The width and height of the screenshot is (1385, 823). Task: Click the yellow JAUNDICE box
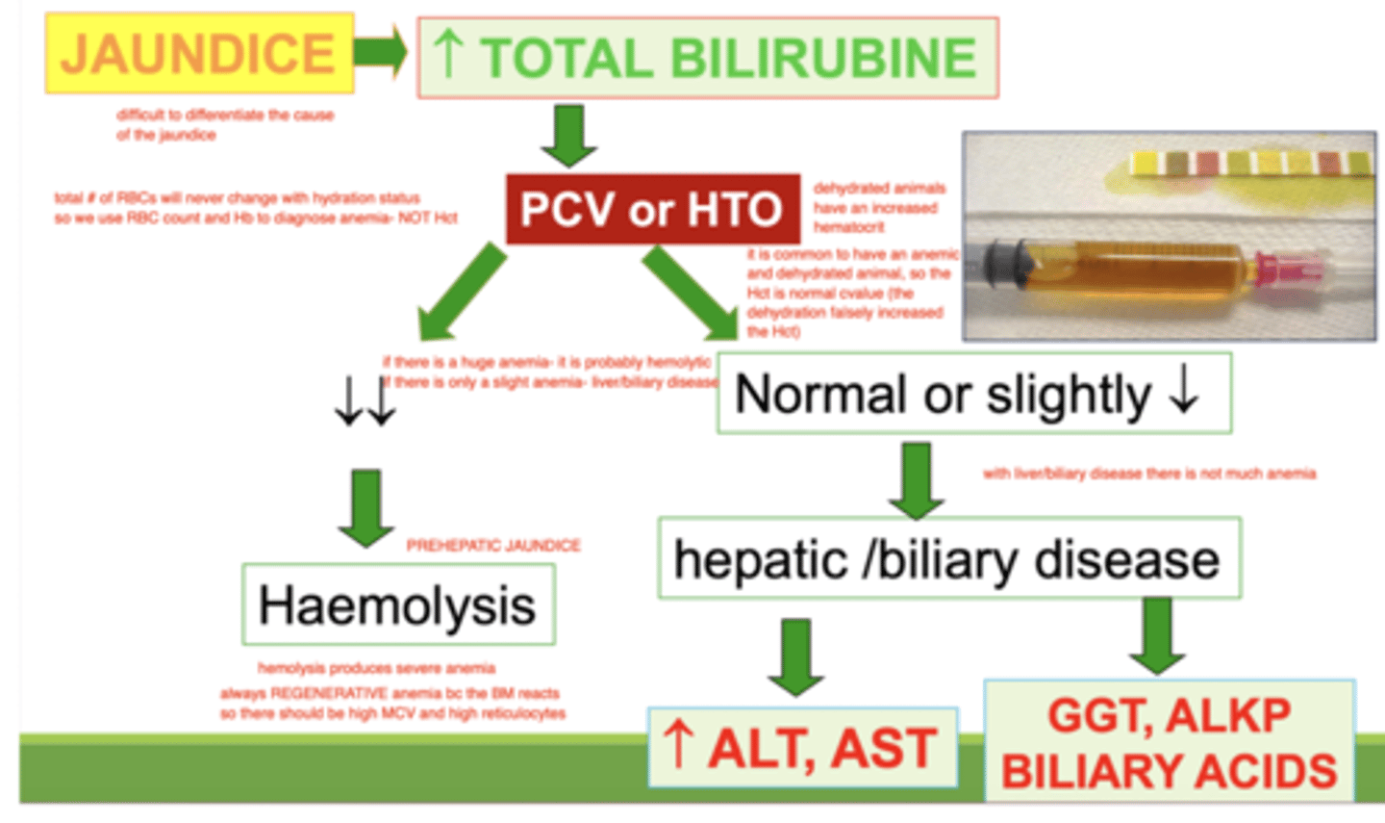point(199,53)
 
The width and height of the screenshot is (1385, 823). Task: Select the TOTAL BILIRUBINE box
point(707,57)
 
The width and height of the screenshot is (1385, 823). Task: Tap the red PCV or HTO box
point(652,209)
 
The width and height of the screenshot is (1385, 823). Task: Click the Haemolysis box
point(398,604)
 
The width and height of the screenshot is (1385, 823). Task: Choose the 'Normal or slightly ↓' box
point(973,393)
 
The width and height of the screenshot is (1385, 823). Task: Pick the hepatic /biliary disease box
point(948,558)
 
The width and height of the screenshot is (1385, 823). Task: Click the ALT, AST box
point(802,747)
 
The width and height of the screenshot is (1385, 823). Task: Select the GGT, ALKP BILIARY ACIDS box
point(1169,741)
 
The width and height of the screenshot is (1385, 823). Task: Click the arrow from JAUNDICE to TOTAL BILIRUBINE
point(381,52)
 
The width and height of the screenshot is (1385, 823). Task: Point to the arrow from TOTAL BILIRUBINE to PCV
point(569,135)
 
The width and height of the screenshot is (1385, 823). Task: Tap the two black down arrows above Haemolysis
point(365,402)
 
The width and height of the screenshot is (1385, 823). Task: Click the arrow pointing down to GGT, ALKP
point(1157,635)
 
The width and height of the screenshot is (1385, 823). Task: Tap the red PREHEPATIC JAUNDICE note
point(493,546)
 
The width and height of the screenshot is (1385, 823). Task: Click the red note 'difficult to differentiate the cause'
point(224,124)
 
